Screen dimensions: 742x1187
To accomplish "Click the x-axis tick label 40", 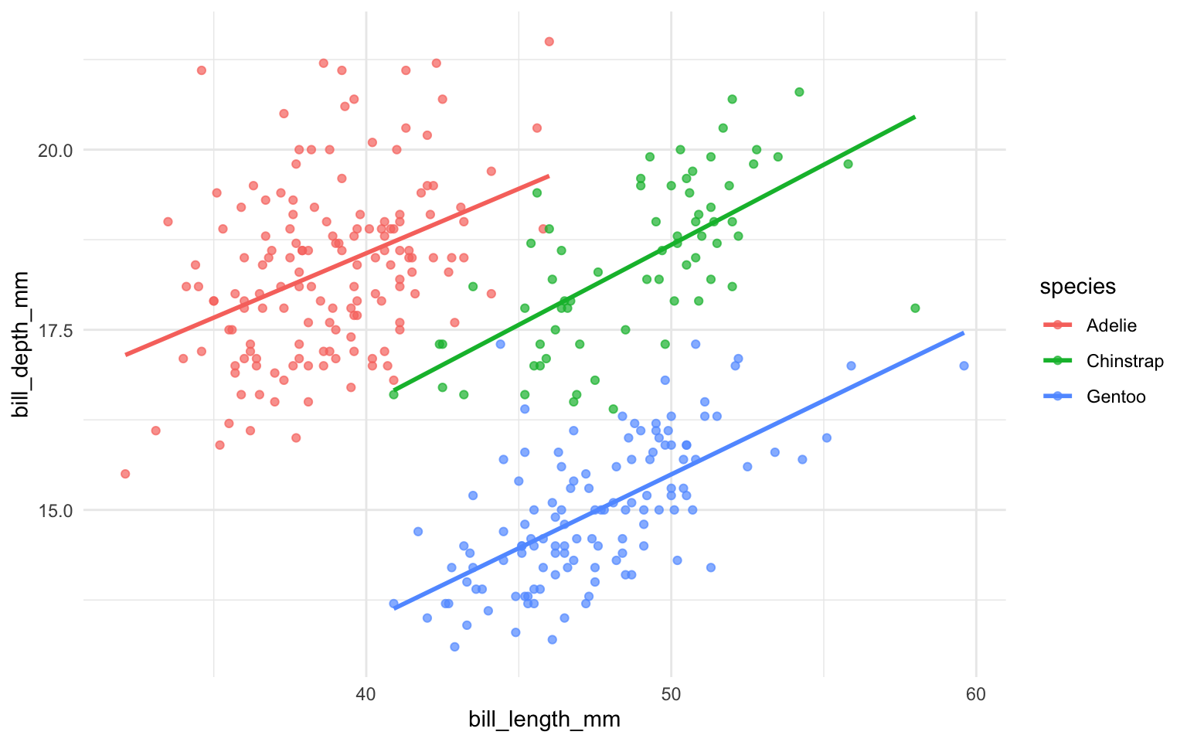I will point(366,694).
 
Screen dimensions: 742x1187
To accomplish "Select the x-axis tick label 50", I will point(671,694).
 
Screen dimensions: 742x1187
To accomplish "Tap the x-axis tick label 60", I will point(975,694).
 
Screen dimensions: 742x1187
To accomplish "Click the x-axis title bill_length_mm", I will point(544,720).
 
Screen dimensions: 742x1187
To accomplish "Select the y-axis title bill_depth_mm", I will point(22,344).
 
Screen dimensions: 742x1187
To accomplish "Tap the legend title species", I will point(1077,287).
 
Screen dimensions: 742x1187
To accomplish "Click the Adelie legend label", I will point(1111,325).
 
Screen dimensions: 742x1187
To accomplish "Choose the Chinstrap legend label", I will point(1124,361).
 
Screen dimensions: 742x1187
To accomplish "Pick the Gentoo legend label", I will point(1116,397).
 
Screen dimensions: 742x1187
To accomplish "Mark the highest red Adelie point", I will point(549,42).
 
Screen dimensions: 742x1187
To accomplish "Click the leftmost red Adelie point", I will point(125,474).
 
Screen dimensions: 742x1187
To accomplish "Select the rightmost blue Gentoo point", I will point(964,366).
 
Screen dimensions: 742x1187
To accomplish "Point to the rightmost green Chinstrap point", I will point(915,308).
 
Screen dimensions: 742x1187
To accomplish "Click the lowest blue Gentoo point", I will point(454,646).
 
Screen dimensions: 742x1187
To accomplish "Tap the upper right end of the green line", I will point(914,117).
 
